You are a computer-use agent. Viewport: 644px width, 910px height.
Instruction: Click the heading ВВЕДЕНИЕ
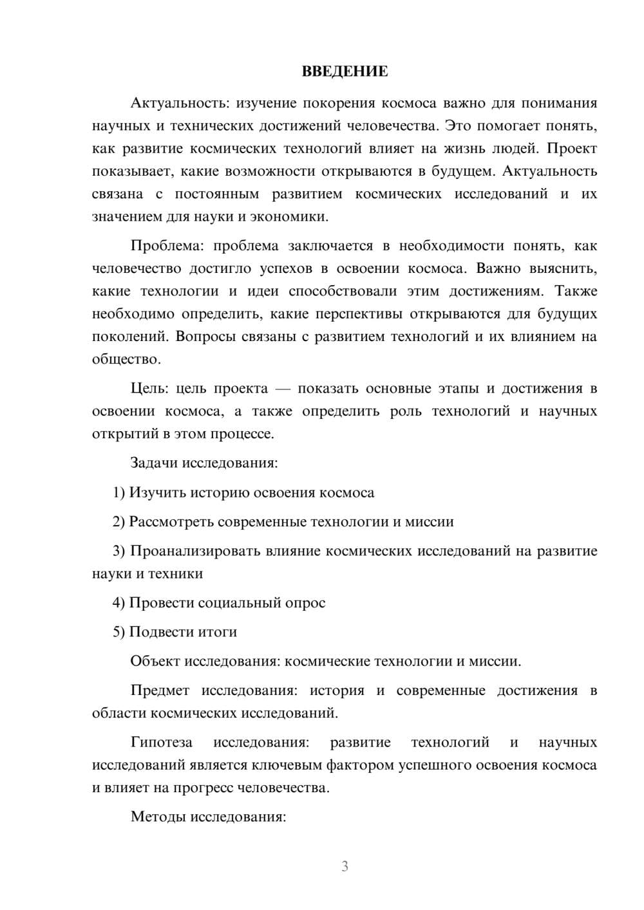coord(345,71)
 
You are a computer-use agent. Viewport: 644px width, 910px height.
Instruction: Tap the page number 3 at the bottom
coord(345,866)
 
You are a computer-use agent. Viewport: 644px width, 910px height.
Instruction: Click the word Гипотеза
coord(162,742)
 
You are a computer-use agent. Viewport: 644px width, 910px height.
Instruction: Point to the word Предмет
coord(160,691)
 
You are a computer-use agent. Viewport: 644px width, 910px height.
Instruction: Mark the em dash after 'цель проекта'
coord(282,389)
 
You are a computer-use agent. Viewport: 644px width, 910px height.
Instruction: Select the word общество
coord(126,359)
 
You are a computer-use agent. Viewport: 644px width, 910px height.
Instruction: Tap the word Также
coord(576,291)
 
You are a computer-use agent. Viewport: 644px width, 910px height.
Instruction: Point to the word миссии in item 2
coord(429,521)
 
